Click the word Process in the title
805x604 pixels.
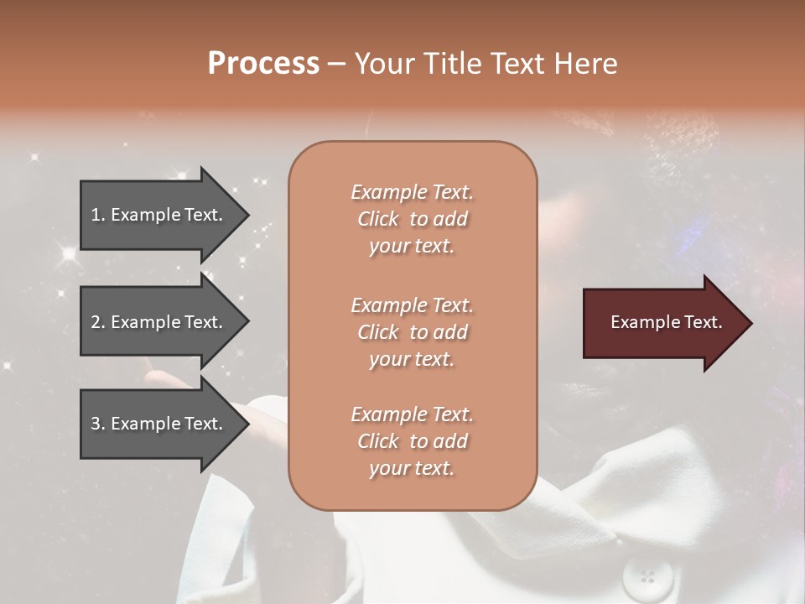pyautogui.click(x=263, y=64)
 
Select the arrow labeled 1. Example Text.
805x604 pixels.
pyautogui.click(x=159, y=215)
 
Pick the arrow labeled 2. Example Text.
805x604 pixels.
pyautogui.click(x=159, y=322)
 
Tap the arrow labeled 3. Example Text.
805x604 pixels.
pyautogui.click(x=159, y=424)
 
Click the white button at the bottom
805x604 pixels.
pyautogui.click(x=647, y=577)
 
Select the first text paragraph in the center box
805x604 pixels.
pyautogui.click(x=412, y=219)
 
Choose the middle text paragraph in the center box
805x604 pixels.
pyautogui.click(x=412, y=332)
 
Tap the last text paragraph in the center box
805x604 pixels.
pyautogui.click(x=412, y=441)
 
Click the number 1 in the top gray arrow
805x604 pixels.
pyautogui.click(x=96, y=215)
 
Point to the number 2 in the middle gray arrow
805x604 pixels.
pyautogui.click(x=96, y=322)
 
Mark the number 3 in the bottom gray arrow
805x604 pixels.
pyautogui.click(x=96, y=424)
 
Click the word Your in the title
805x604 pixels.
pyautogui.click(x=383, y=64)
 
